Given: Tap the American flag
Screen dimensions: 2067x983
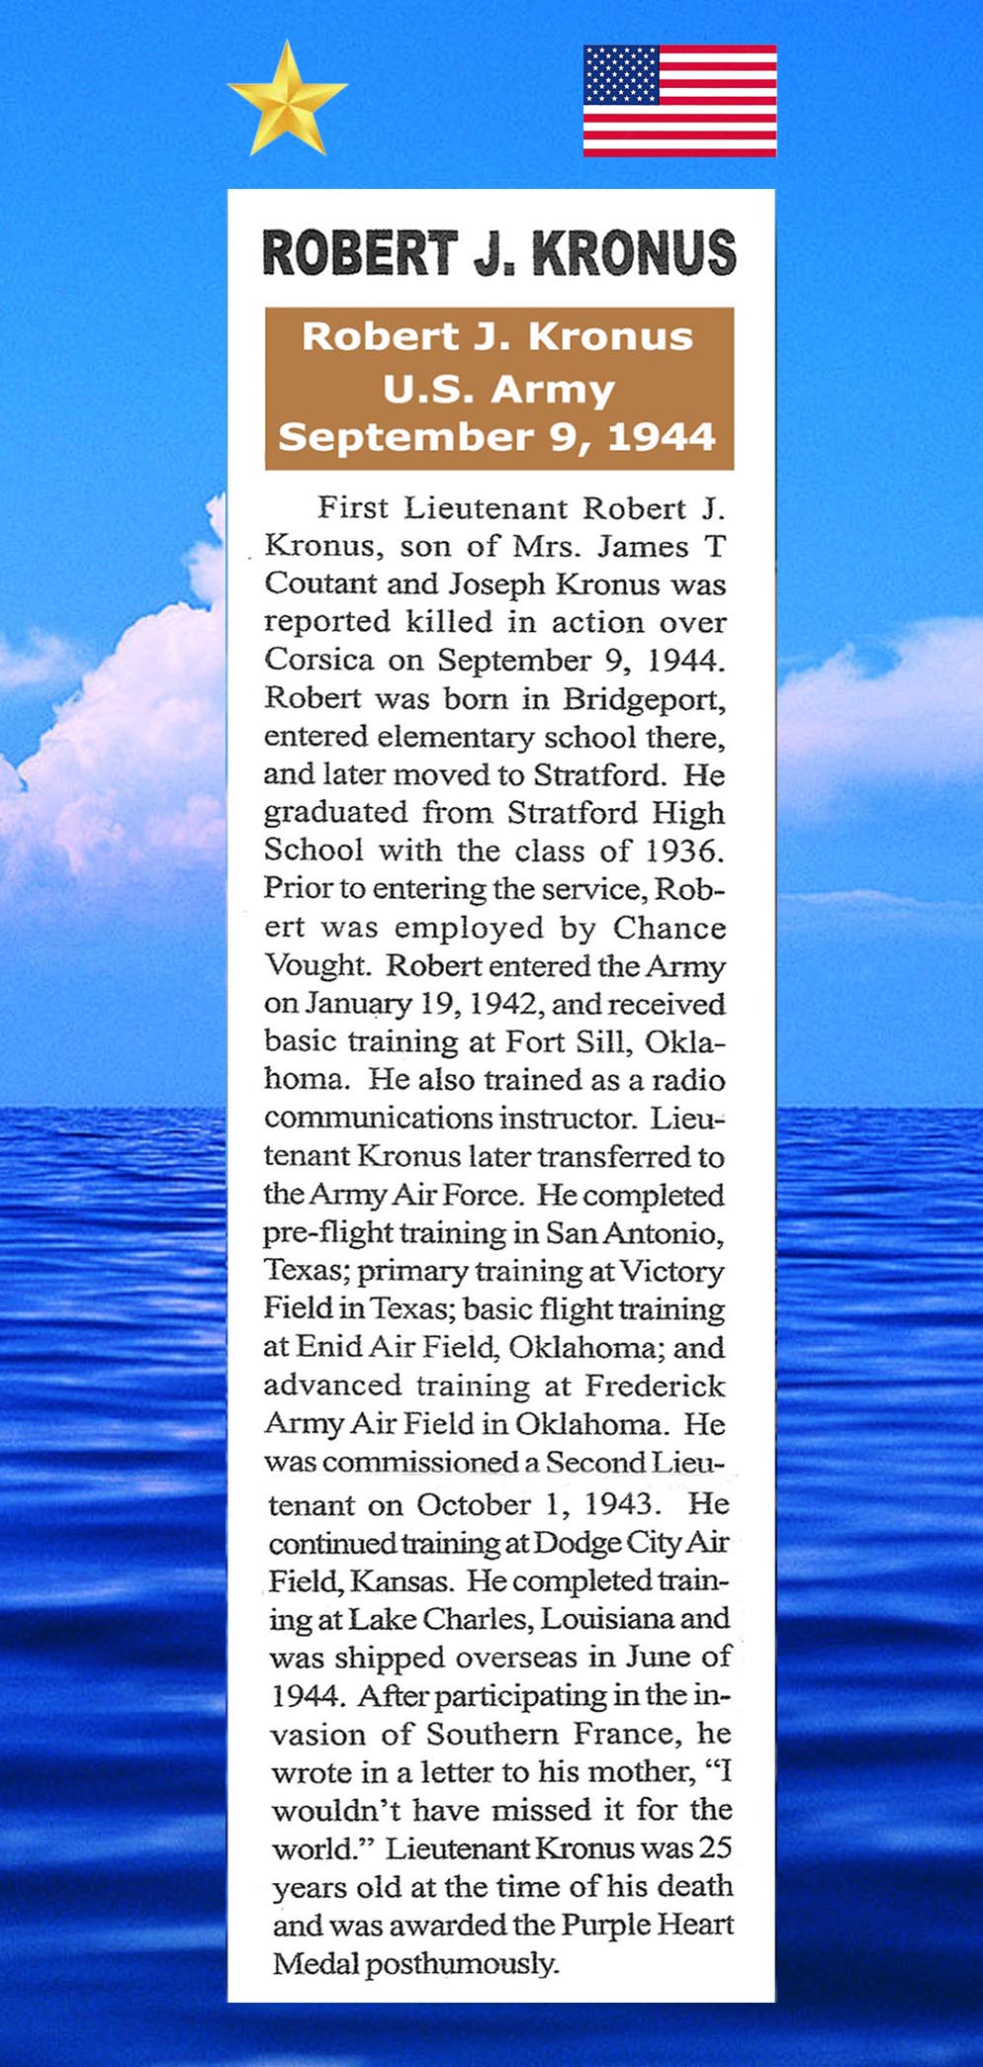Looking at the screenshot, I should tap(679, 101).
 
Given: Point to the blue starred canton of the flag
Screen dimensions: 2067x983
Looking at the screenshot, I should tap(620, 75).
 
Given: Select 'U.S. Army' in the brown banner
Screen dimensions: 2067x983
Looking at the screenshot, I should tap(498, 389).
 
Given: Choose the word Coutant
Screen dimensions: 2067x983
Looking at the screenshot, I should tap(318, 584).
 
